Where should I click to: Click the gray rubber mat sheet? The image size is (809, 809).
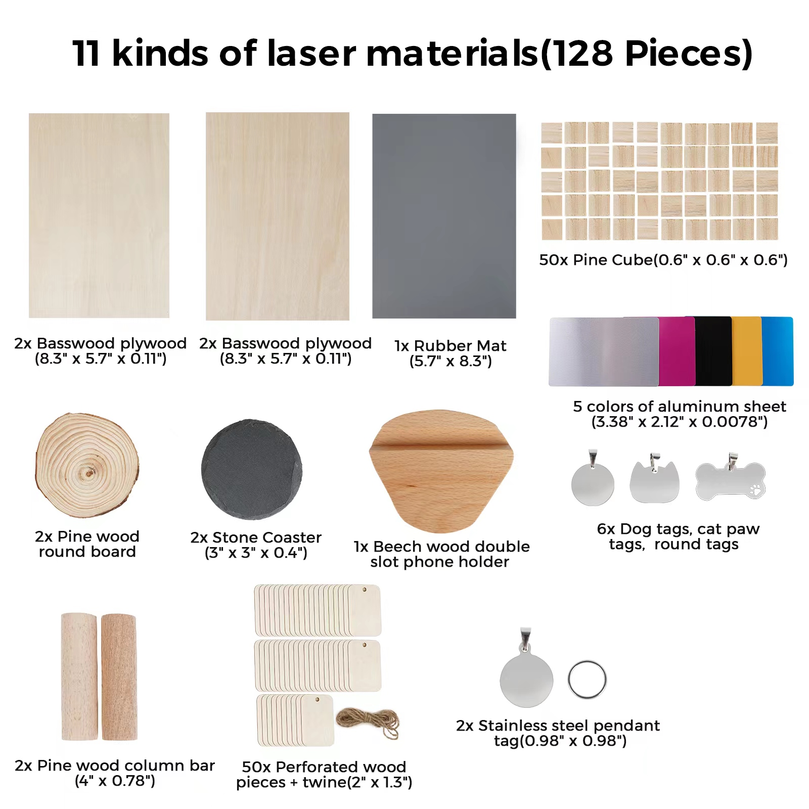click(x=444, y=216)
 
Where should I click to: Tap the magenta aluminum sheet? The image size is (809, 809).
click(x=677, y=352)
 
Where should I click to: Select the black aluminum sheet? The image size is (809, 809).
click(x=713, y=351)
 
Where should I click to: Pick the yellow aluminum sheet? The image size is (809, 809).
click(x=746, y=351)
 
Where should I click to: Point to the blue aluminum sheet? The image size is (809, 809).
click(x=778, y=351)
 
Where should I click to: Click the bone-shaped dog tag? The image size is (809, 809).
click(x=730, y=481)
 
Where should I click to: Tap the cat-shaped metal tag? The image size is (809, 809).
click(x=654, y=482)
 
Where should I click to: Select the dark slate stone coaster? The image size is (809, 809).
click(x=251, y=469)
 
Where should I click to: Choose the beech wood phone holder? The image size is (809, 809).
click(x=441, y=470)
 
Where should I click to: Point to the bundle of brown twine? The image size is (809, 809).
click(x=368, y=722)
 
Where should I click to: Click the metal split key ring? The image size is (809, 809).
click(x=587, y=680)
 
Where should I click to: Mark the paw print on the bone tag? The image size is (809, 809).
click(x=755, y=489)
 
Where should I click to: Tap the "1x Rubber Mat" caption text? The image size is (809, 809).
click(x=450, y=346)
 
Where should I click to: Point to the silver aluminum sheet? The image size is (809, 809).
click(x=604, y=352)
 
